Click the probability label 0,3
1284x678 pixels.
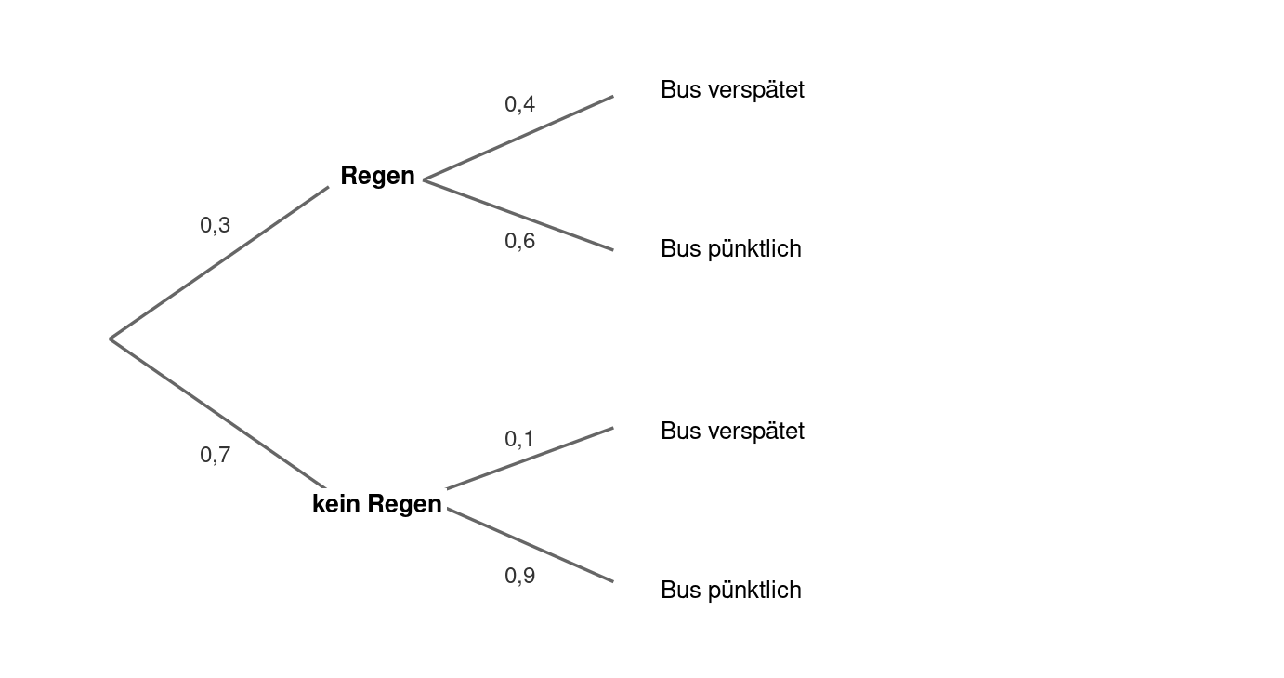[215, 225]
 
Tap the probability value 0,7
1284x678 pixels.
[215, 455]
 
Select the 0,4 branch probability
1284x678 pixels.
[519, 104]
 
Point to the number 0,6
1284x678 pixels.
[519, 241]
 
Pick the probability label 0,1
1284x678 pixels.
[518, 439]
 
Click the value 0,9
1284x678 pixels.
[519, 576]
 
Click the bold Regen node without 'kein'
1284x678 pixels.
[377, 176]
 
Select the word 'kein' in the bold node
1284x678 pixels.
[336, 504]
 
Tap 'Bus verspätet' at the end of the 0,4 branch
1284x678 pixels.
[732, 90]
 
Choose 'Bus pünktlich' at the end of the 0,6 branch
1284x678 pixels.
[731, 249]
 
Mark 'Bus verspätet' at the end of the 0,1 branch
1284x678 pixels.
[732, 432]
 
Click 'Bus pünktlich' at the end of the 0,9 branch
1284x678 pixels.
[731, 591]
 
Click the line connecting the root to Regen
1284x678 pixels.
[219, 262]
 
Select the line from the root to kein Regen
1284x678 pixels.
[217, 414]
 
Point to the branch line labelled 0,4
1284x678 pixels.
[518, 139]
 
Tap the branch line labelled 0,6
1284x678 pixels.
[518, 215]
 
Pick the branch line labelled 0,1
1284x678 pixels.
[530, 459]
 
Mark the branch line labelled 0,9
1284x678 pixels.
[530, 545]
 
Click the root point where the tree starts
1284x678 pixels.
[110, 339]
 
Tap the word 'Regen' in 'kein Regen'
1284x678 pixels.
[405, 505]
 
